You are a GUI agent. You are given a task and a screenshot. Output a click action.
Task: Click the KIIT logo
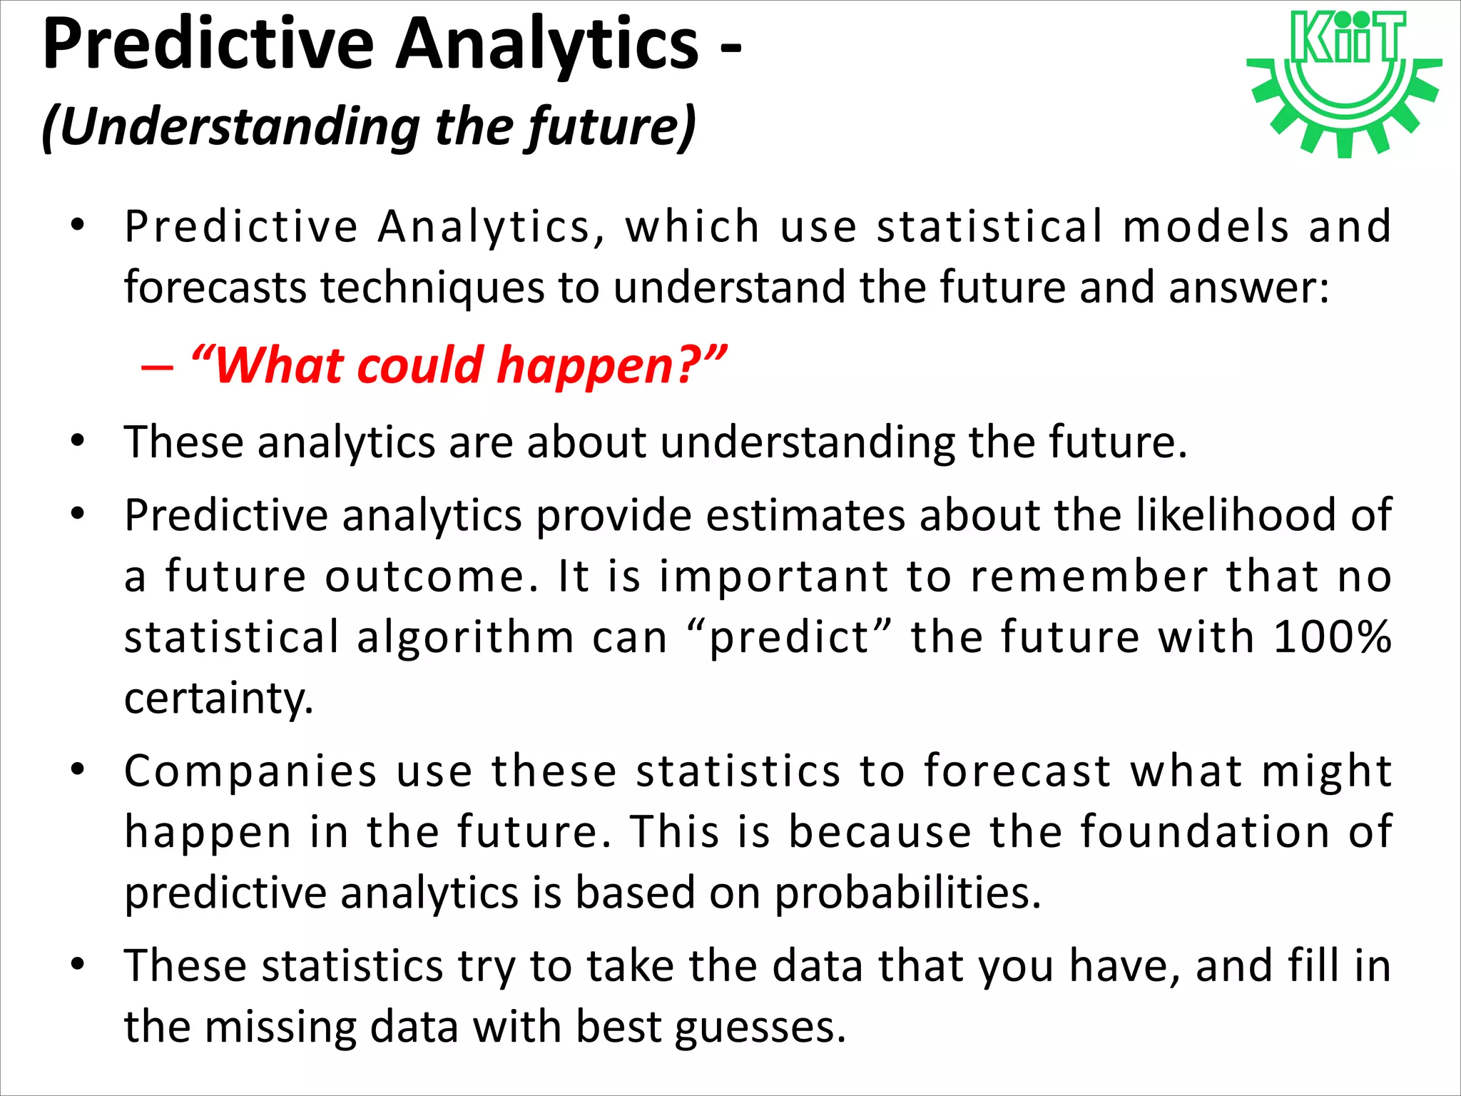coord(1344,82)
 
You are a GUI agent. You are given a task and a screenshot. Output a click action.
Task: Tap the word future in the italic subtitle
coord(596,126)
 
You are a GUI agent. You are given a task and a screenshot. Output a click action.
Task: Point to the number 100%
coord(1332,636)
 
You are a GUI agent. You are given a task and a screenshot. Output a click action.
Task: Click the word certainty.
coord(218,698)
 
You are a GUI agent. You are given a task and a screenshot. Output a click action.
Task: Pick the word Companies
coord(250,771)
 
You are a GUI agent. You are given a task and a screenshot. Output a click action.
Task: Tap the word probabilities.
coord(907,893)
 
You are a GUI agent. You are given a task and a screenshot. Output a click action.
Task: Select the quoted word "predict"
coord(789,636)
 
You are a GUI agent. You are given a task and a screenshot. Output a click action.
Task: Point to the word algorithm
coord(465,636)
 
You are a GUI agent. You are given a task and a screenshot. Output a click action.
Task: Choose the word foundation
coord(1205,832)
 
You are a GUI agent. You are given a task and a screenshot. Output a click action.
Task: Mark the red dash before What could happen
coord(157,367)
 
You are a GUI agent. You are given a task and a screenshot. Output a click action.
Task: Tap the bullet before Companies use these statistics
coord(78,769)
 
